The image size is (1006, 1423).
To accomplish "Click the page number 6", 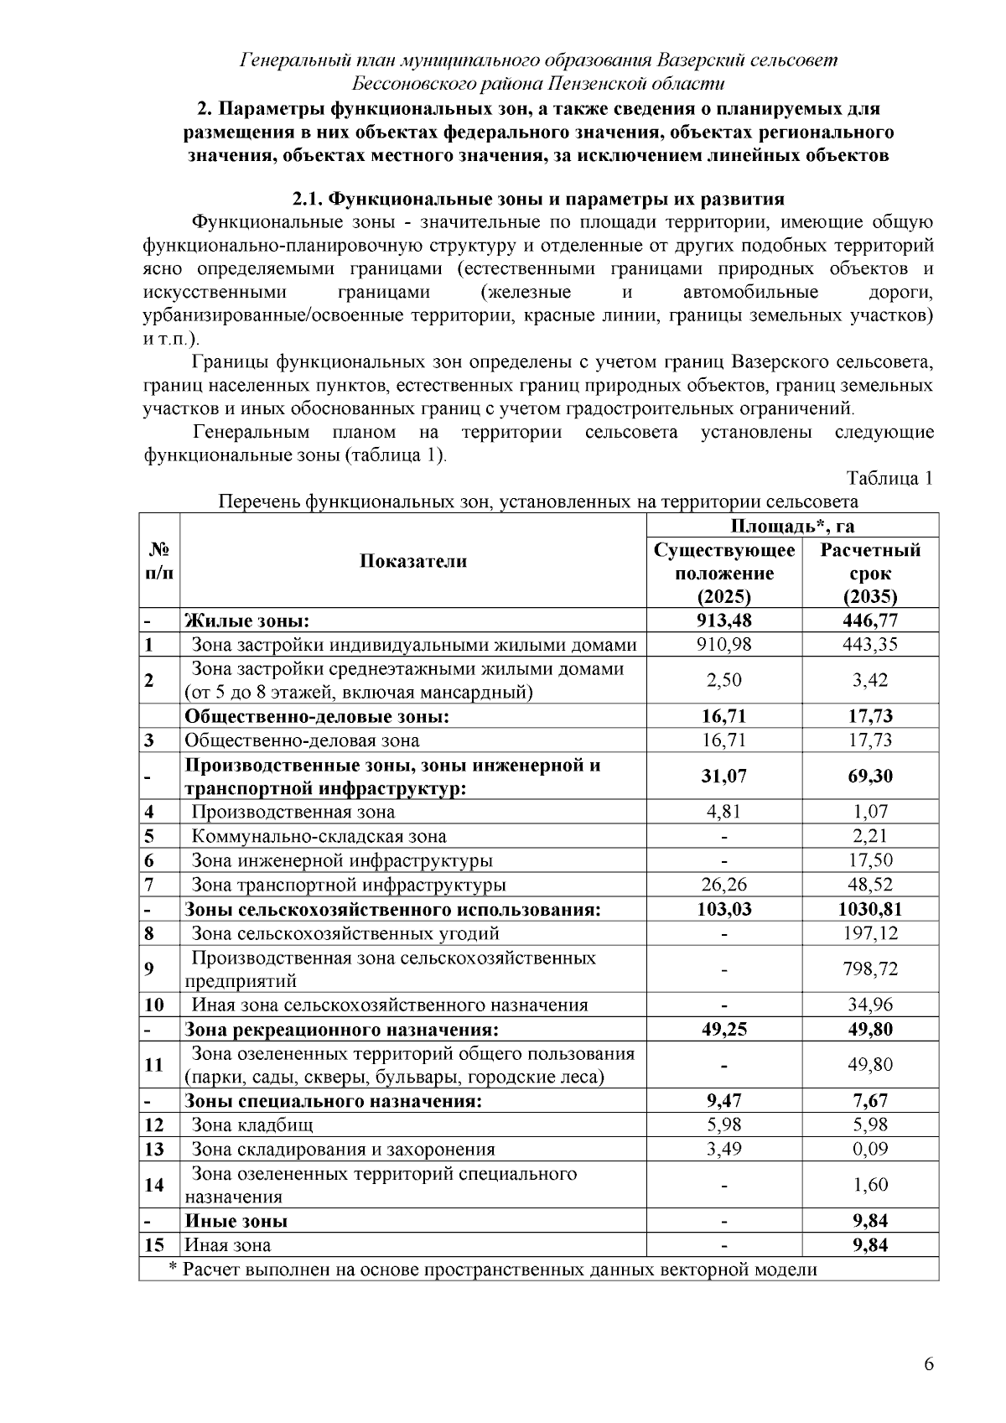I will [x=928, y=1364].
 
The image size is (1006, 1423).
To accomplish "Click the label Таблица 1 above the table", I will [x=889, y=479].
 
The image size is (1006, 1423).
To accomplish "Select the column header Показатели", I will [x=413, y=561].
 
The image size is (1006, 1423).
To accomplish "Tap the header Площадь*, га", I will [x=792, y=526].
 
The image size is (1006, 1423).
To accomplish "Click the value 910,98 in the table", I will [x=724, y=645].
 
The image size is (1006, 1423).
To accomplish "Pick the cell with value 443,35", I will [x=870, y=645].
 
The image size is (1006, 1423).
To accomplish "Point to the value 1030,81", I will [x=870, y=909].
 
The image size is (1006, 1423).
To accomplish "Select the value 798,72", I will [x=870, y=969].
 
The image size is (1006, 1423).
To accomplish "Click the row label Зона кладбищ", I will [x=252, y=1125].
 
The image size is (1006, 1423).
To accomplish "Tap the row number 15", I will [x=154, y=1245].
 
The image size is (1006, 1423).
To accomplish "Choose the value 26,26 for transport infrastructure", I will [x=724, y=885].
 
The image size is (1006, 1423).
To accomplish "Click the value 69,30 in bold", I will [x=870, y=776].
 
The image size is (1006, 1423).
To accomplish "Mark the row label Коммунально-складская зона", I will [x=319, y=836].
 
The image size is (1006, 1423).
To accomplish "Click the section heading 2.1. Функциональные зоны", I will [x=537, y=200].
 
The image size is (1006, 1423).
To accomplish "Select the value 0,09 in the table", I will [x=870, y=1150].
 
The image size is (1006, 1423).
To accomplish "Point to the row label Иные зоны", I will [x=236, y=1221].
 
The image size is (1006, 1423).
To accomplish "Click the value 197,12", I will [x=870, y=933].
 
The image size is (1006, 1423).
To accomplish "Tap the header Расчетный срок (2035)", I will [x=870, y=574].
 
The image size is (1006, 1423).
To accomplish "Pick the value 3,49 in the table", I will [x=724, y=1150].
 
